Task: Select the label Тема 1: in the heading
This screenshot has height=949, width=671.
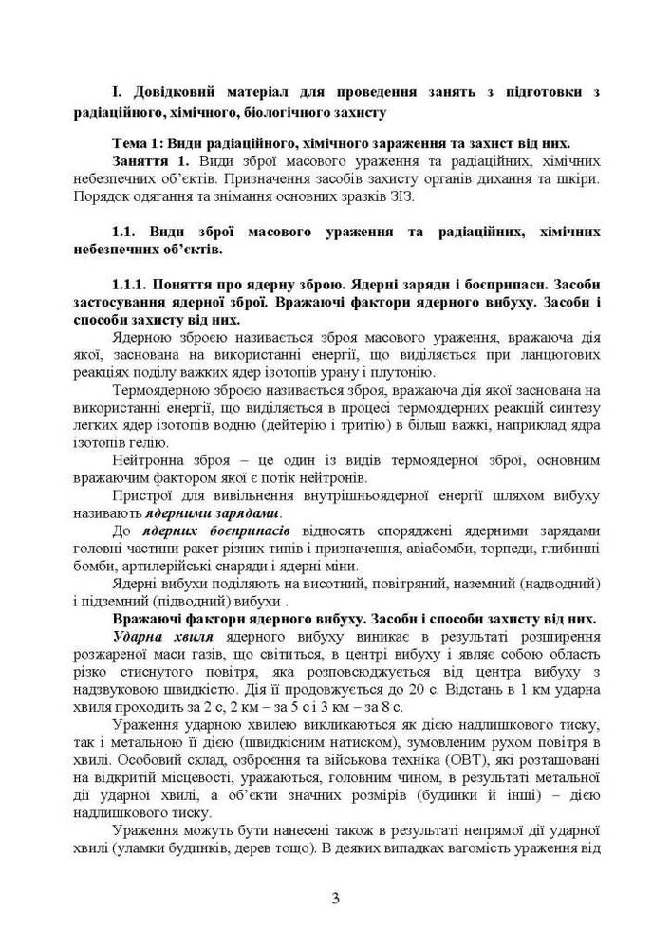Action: pos(139,144)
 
